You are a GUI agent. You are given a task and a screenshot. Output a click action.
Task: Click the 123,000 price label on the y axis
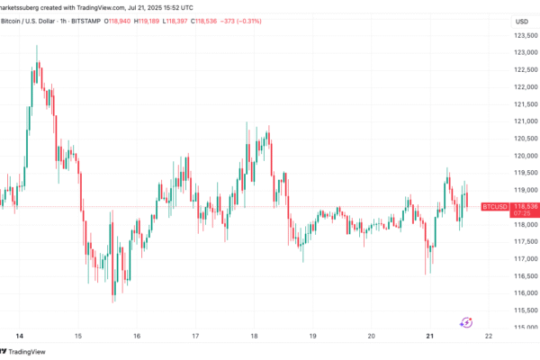(526, 52)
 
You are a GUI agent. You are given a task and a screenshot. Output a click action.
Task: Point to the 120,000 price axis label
(526, 156)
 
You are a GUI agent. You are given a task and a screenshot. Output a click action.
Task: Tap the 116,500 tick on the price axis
(526, 276)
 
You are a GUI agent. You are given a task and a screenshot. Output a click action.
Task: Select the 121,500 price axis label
(526, 104)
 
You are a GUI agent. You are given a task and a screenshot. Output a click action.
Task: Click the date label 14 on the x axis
(20, 336)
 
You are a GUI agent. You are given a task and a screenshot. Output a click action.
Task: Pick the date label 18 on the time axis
(254, 336)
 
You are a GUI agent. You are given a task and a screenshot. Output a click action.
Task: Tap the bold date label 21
(430, 336)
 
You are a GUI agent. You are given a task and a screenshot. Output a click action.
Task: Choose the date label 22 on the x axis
(489, 336)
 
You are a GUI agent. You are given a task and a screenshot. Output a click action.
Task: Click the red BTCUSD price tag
(495, 207)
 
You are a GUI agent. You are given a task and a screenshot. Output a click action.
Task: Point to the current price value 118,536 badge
(526, 206)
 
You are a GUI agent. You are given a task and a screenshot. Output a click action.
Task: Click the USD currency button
(522, 22)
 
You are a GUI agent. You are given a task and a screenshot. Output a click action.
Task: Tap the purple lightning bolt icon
(466, 323)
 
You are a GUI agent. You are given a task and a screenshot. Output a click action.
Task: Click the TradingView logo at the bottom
(22, 352)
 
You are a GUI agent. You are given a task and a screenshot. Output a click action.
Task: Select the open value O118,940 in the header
(117, 22)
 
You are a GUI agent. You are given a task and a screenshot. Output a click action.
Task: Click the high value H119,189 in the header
(147, 22)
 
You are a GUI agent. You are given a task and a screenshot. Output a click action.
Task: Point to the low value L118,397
(175, 22)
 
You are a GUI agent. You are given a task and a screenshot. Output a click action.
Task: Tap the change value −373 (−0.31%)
(240, 22)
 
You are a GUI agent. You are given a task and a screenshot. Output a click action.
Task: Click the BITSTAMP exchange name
(85, 22)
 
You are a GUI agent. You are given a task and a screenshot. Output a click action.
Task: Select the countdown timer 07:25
(522, 213)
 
